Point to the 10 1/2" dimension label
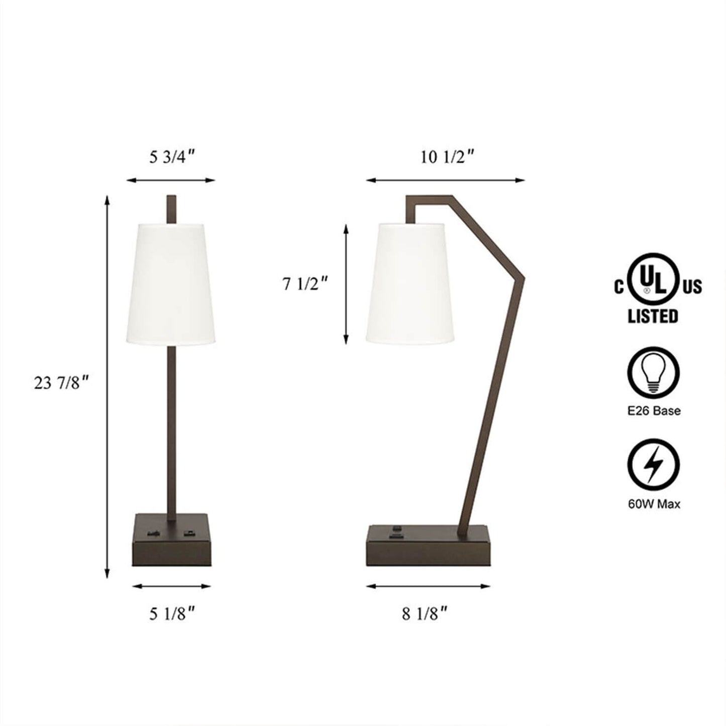click(x=447, y=157)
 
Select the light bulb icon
click(x=654, y=371)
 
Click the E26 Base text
click(x=654, y=410)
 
